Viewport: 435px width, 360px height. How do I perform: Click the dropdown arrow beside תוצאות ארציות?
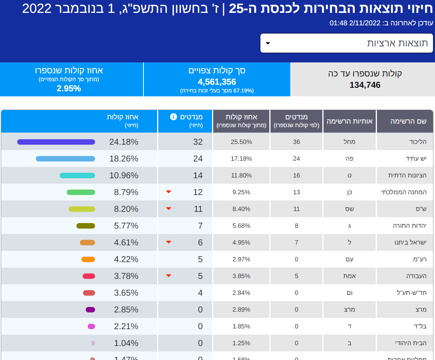(268, 43)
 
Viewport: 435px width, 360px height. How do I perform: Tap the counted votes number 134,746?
(365, 85)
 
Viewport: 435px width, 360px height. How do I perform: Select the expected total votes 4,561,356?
(217, 82)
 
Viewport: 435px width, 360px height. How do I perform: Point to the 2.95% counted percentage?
(69, 89)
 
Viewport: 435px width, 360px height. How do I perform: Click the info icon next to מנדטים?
(173, 117)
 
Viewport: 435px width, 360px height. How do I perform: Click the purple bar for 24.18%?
(56, 142)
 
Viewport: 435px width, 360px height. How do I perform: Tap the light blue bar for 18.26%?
(65, 159)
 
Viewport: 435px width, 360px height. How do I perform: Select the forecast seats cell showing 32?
(198, 142)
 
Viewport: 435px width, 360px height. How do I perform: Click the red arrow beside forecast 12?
(169, 192)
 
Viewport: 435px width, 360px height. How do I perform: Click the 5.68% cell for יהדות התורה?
(241, 226)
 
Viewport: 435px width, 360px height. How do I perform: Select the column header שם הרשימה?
(408, 121)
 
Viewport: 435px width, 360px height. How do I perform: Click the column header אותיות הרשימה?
(349, 121)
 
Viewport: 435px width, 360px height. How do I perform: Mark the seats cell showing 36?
(296, 142)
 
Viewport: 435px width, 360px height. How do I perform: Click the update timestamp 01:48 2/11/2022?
(355, 23)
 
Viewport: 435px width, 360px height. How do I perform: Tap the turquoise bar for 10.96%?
(77, 176)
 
